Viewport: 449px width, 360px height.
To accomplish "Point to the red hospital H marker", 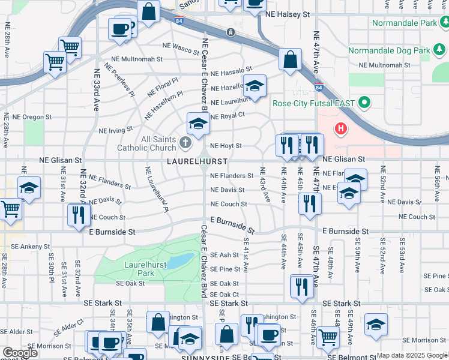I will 341,128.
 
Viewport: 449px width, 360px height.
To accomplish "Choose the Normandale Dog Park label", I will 382,51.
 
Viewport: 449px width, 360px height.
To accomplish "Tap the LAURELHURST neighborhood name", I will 197,162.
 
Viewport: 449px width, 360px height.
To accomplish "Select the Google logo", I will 20,353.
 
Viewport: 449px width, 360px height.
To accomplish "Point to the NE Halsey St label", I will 289,14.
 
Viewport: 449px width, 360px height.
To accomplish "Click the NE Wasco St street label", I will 181,48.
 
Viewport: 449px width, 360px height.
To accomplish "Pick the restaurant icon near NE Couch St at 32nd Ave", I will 78,215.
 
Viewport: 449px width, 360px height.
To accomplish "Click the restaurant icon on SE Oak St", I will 302,286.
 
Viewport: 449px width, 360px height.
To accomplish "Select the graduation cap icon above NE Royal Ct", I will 254,86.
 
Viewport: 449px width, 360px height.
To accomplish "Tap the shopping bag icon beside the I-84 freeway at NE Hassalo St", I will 290,60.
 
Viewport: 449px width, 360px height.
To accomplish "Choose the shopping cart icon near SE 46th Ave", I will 328,337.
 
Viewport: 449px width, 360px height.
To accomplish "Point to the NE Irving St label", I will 115,130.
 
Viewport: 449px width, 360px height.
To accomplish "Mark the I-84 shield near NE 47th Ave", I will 318,87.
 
